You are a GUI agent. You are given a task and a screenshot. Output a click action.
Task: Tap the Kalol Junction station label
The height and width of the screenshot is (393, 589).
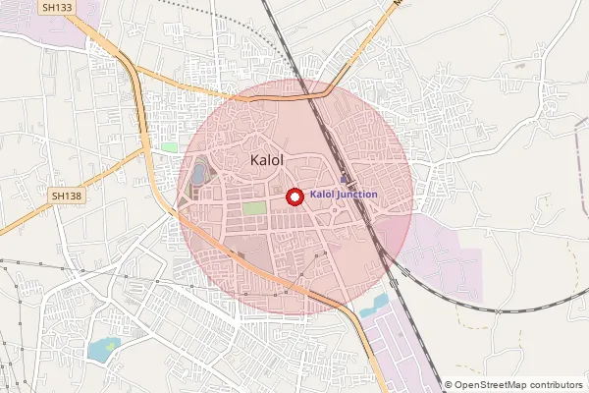pyautogui.click(x=343, y=195)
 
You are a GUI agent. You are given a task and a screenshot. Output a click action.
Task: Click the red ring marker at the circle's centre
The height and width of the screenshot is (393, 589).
pyautogui.click(x=294, y=196)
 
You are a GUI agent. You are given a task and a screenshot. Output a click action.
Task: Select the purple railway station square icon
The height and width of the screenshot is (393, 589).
pyautogui.click(x=344, y=179)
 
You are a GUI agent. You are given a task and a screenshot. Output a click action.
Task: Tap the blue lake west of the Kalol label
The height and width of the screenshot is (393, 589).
pyautogui.click(x=199, y=174)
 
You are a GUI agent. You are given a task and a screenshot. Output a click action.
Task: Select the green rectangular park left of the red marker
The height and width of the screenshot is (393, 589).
pyautogui.click(x=254, y=208)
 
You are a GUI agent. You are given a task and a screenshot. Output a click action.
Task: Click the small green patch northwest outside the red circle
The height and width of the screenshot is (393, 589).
pyautogui.click(x=169, y=147)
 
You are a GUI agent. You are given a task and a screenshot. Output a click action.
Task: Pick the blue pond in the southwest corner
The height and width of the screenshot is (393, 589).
pyautogui.click(x=102, y=348)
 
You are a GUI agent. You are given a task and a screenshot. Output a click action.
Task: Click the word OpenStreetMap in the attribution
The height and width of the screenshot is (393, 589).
pyautogui.click(x=496, y=385)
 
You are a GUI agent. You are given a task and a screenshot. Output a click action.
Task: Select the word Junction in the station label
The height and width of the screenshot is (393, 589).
pyautogui.click(x=356, y=195)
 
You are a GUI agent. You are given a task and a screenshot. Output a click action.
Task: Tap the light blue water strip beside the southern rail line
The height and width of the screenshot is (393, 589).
pyautogui.click(x=374, y=307)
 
